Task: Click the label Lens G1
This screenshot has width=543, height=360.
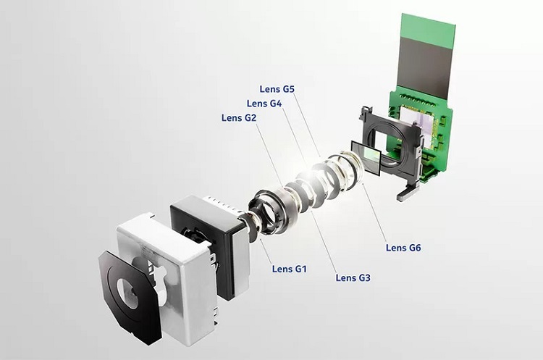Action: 290,269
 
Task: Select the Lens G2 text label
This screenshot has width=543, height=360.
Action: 239,118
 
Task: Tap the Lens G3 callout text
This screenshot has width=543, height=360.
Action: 353,277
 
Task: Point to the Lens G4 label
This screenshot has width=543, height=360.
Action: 264,104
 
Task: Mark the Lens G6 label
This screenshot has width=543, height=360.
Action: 403,248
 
